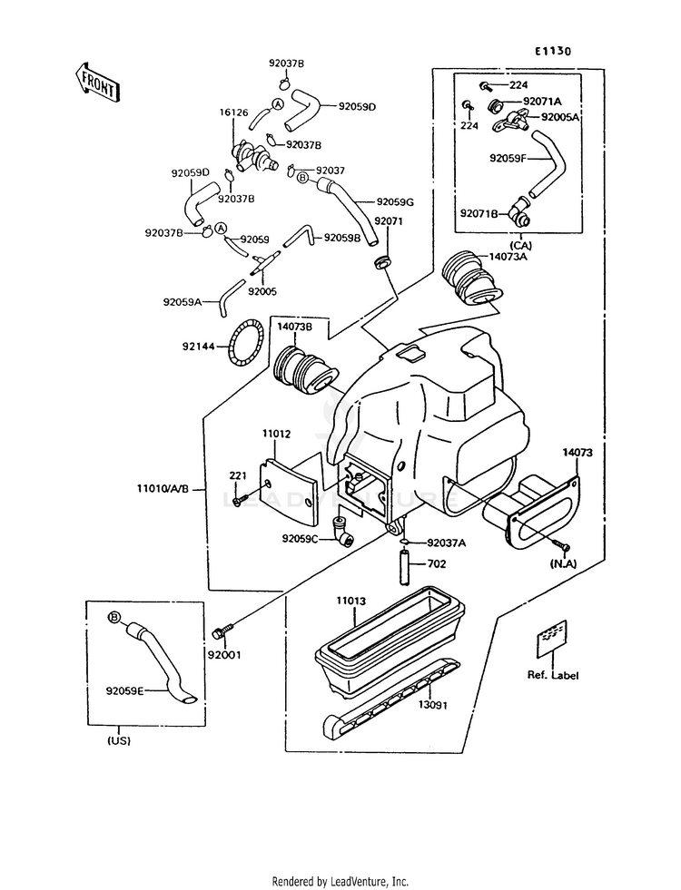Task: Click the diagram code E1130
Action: [x=553, y=52]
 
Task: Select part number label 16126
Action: [x=233, y=113]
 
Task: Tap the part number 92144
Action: [x=199, y=346]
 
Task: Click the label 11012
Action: [x=277, y=435]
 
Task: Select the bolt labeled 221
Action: [x=237, y=498]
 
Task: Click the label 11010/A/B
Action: [x=163, y=488]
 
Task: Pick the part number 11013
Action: [x=350, y=601]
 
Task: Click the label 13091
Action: [x=435, y=704]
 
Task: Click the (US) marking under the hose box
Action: [x=118, y=740]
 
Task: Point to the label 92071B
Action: [x=479, y=213]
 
